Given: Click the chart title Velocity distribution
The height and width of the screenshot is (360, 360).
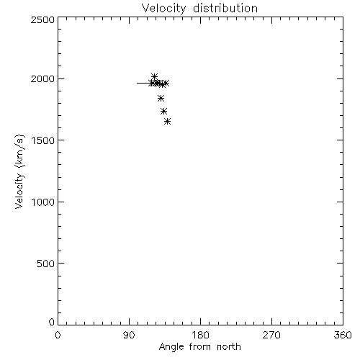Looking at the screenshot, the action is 199,9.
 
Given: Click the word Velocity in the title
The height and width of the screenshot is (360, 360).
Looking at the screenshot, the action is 163,9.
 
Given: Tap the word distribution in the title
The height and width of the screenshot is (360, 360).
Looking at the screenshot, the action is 225,8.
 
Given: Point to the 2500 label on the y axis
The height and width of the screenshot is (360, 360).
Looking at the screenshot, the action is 42,19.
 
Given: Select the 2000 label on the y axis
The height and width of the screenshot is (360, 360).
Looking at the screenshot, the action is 42,78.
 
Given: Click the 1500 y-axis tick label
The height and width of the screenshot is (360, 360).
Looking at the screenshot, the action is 43,140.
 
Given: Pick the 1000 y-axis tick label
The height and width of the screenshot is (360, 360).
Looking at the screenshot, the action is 43,202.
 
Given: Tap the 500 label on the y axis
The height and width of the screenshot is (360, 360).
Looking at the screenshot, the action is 46,264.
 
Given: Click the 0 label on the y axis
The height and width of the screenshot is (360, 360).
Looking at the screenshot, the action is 52,322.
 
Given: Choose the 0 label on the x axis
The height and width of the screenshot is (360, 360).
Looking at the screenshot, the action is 58,335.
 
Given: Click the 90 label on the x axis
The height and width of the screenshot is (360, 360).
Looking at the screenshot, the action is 129,335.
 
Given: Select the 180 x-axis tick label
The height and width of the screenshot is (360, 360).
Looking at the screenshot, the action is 200,335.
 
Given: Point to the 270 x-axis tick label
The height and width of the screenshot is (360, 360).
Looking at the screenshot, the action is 271,335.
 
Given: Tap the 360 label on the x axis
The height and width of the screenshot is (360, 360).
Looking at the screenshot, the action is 343,335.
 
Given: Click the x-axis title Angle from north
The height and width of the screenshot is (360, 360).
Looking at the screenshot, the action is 200,347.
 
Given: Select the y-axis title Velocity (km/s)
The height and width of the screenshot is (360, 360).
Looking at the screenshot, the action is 19,171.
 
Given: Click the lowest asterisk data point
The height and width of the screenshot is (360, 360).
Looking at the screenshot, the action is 168,122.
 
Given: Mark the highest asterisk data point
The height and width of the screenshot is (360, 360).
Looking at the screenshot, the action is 155,76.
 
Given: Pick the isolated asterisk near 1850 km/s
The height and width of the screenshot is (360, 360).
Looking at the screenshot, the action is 161,98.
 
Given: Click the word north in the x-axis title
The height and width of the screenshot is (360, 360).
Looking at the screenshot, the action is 229,346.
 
